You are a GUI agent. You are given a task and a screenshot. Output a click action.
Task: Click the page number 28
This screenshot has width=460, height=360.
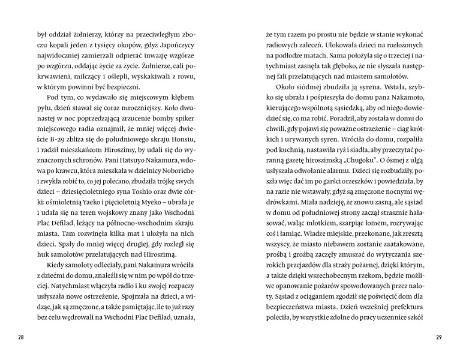22,336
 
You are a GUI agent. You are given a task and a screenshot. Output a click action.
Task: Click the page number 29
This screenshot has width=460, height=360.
438,336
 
